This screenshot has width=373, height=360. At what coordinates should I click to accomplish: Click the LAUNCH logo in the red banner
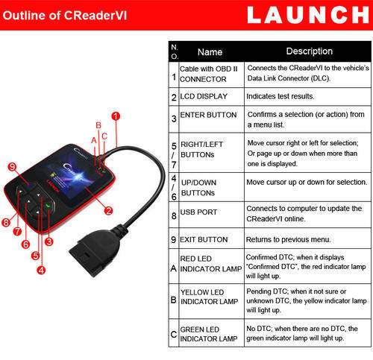click(x=308, y=15)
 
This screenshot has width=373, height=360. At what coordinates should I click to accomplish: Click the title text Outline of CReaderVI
click(x=65, y=16)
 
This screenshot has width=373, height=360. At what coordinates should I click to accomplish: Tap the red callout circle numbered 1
click(x=116, y=116)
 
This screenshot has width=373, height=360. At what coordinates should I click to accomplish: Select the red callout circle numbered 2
click(x=108, y=211)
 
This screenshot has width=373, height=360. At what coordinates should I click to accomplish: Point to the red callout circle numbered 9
click(x=12, y=167)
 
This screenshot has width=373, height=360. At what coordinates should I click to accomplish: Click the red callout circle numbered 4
click(x=41, y=270)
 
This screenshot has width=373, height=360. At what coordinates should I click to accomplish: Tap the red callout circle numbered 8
click(x=6, y=222)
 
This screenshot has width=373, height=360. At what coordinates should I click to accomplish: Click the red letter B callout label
click(x=98, y=125)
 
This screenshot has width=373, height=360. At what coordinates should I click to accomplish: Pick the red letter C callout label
click(x=104, y=136)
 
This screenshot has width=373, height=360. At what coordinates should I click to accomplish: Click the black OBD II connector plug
click(x=95, y=251)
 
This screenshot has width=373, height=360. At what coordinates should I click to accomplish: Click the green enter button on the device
click(x=48, y=206)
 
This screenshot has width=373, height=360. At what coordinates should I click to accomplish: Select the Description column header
click(x=310, y=51)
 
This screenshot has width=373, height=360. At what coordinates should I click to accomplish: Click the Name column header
click(x=210, y=52)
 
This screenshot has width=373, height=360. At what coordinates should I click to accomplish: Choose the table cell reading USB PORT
click(x=198, y=212)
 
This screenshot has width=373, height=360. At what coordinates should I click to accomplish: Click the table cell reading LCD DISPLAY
click(x=204, y=96)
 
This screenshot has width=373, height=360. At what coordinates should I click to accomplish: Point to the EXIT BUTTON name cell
click(x=204, y=239)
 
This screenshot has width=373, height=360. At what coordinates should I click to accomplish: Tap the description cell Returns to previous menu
click(x=289, y=239)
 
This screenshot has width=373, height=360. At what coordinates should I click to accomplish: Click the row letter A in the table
click(x=174, y=268)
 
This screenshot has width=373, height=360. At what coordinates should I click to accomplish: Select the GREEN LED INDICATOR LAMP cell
click(x=209, y=334)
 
